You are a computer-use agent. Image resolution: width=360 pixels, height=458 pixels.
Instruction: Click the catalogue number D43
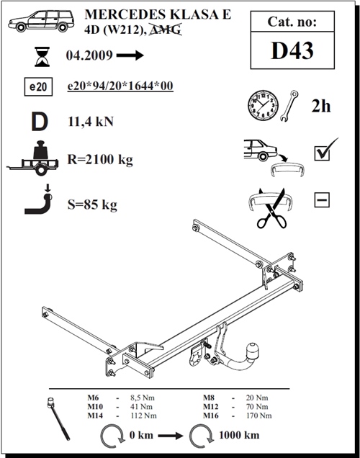coord(292,51)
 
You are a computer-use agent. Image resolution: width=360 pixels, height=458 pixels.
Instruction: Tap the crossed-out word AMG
coord(166,30)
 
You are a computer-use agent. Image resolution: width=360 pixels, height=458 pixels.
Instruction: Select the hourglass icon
coord(42,56)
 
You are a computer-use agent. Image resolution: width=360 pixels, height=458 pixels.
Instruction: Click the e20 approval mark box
coord(38,86)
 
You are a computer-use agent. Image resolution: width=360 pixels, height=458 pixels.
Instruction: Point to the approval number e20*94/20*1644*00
coord(120,86)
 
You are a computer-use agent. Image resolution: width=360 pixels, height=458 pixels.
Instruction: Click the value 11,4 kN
coord(91,122)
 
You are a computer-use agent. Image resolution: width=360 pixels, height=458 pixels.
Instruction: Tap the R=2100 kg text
coord(100,159)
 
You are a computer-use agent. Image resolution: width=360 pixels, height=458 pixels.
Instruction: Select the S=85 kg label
coord(92,205)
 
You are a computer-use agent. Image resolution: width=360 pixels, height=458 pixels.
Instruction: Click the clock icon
coord(263,105)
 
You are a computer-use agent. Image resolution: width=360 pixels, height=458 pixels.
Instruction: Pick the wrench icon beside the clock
coord(289,106)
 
